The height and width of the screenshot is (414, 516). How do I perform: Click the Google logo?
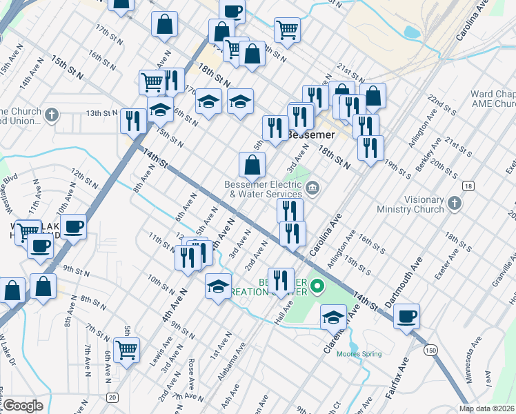(x=22, y=406)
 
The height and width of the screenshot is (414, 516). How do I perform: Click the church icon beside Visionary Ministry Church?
(x=454, y=202)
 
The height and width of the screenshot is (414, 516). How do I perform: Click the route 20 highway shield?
(x=112, y=397)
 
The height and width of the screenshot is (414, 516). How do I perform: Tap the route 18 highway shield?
(x=468, y=186)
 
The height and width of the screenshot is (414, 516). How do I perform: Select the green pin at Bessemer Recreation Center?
(x=317, y=284)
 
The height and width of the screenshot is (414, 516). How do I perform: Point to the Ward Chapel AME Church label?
(x=493, y=99)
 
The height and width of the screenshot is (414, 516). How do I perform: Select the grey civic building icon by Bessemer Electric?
(x=312, y=188)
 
